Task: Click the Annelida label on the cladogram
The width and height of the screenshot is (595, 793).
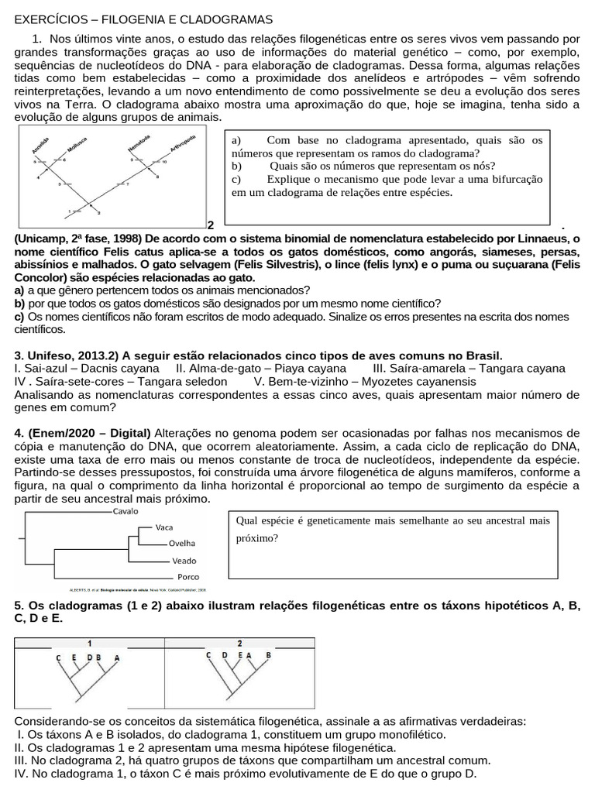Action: coord(40,147)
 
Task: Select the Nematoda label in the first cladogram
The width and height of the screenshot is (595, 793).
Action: coord(140,145)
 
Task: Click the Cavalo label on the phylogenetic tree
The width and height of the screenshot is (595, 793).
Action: coord(126,512)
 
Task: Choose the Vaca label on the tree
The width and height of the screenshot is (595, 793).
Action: coord(164,527)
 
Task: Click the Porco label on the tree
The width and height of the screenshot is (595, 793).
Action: coord(188,578)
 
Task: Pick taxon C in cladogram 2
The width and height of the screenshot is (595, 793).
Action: coord(208,655)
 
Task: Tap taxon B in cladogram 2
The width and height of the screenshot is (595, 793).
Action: coord(268,655)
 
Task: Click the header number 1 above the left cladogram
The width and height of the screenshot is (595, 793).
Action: coord(90,643)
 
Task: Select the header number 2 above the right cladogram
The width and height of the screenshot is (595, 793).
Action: coord(239,643)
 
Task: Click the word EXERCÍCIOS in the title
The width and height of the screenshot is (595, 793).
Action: coord(52,19)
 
